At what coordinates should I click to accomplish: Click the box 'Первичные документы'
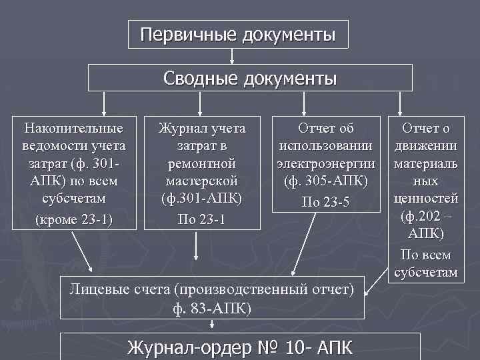(238, 34)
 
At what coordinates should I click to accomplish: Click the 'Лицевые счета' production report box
(212, 297)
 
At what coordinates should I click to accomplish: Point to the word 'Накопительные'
(73, 128)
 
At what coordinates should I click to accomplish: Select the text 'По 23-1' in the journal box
(201, 217)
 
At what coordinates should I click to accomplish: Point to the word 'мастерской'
(201, 180)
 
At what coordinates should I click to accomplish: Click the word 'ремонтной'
(201, 163)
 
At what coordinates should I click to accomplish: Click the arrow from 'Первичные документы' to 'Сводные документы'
(232, 56)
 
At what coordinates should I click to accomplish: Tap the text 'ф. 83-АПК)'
(212, 307)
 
